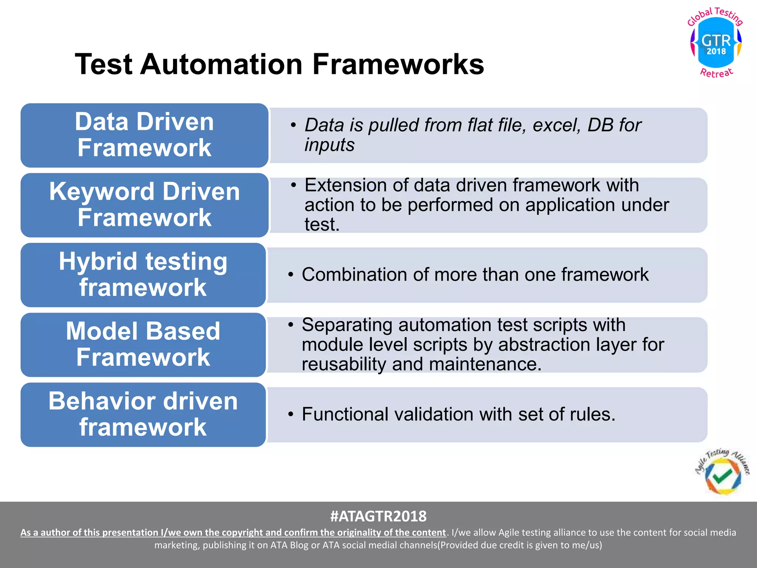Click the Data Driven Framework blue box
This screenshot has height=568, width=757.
click(144, 135)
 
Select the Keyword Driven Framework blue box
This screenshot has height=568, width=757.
click(144, 205)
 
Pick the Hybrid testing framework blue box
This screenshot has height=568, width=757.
click(143, 275)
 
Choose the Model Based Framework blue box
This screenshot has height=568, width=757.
click(143, 345)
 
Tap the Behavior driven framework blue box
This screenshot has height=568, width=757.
click(143, 415)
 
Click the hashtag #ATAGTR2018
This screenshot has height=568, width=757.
click(378, 516)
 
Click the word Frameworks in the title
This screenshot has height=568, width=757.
click(398, 64)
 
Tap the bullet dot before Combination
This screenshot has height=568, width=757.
click(291, 275)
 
